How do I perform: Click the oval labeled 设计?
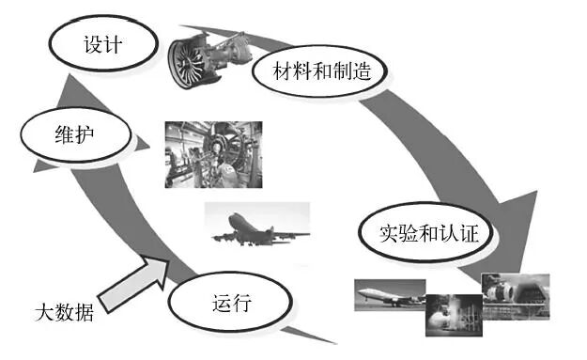pos(102,44)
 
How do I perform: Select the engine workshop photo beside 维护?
pos(212,153)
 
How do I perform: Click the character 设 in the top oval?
pos(92,44)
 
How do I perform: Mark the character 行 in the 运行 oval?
pos(240,303)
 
